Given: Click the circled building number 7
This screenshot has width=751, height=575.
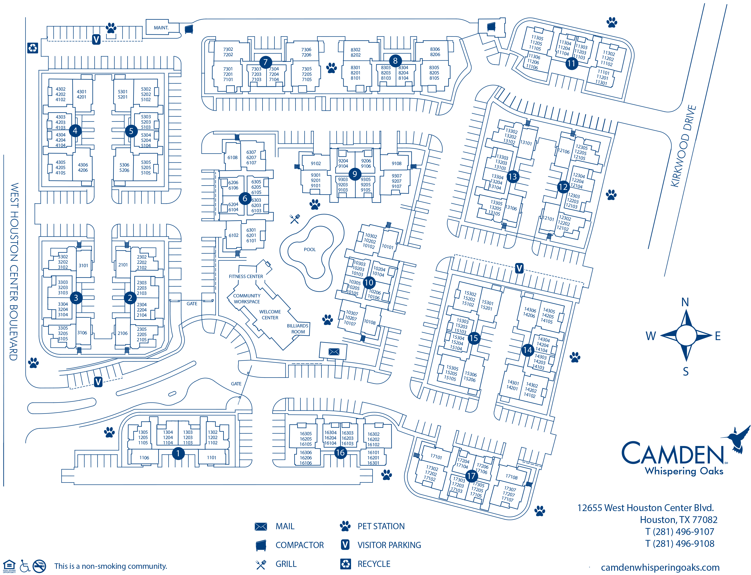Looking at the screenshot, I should click(x=265, y=62).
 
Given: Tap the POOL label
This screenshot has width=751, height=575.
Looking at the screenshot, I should click(x=310, y=249).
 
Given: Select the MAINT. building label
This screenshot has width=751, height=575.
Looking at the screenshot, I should click(x=161, y=28).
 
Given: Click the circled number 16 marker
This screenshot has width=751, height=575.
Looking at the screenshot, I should click(x=340, y=453).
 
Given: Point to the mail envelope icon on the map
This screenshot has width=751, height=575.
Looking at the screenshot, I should click(x=334, y=352).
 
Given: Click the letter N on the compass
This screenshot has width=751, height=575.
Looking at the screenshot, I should click(x=685, y=302).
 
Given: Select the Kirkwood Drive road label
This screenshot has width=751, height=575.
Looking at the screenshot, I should click(x=683, y=146).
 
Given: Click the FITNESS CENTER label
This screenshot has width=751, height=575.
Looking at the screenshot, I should click(x=246, y=277).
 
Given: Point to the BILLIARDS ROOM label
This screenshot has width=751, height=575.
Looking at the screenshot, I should click(x=298, y=329).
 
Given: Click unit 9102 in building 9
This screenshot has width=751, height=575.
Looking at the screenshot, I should click(x=316, y=164).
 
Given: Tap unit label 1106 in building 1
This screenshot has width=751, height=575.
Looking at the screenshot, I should click(x=144, y=458).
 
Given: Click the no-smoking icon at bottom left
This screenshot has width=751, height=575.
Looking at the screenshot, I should click(x=39, y=566).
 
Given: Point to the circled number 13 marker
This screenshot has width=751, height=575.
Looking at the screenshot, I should click(x=513, y=177).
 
